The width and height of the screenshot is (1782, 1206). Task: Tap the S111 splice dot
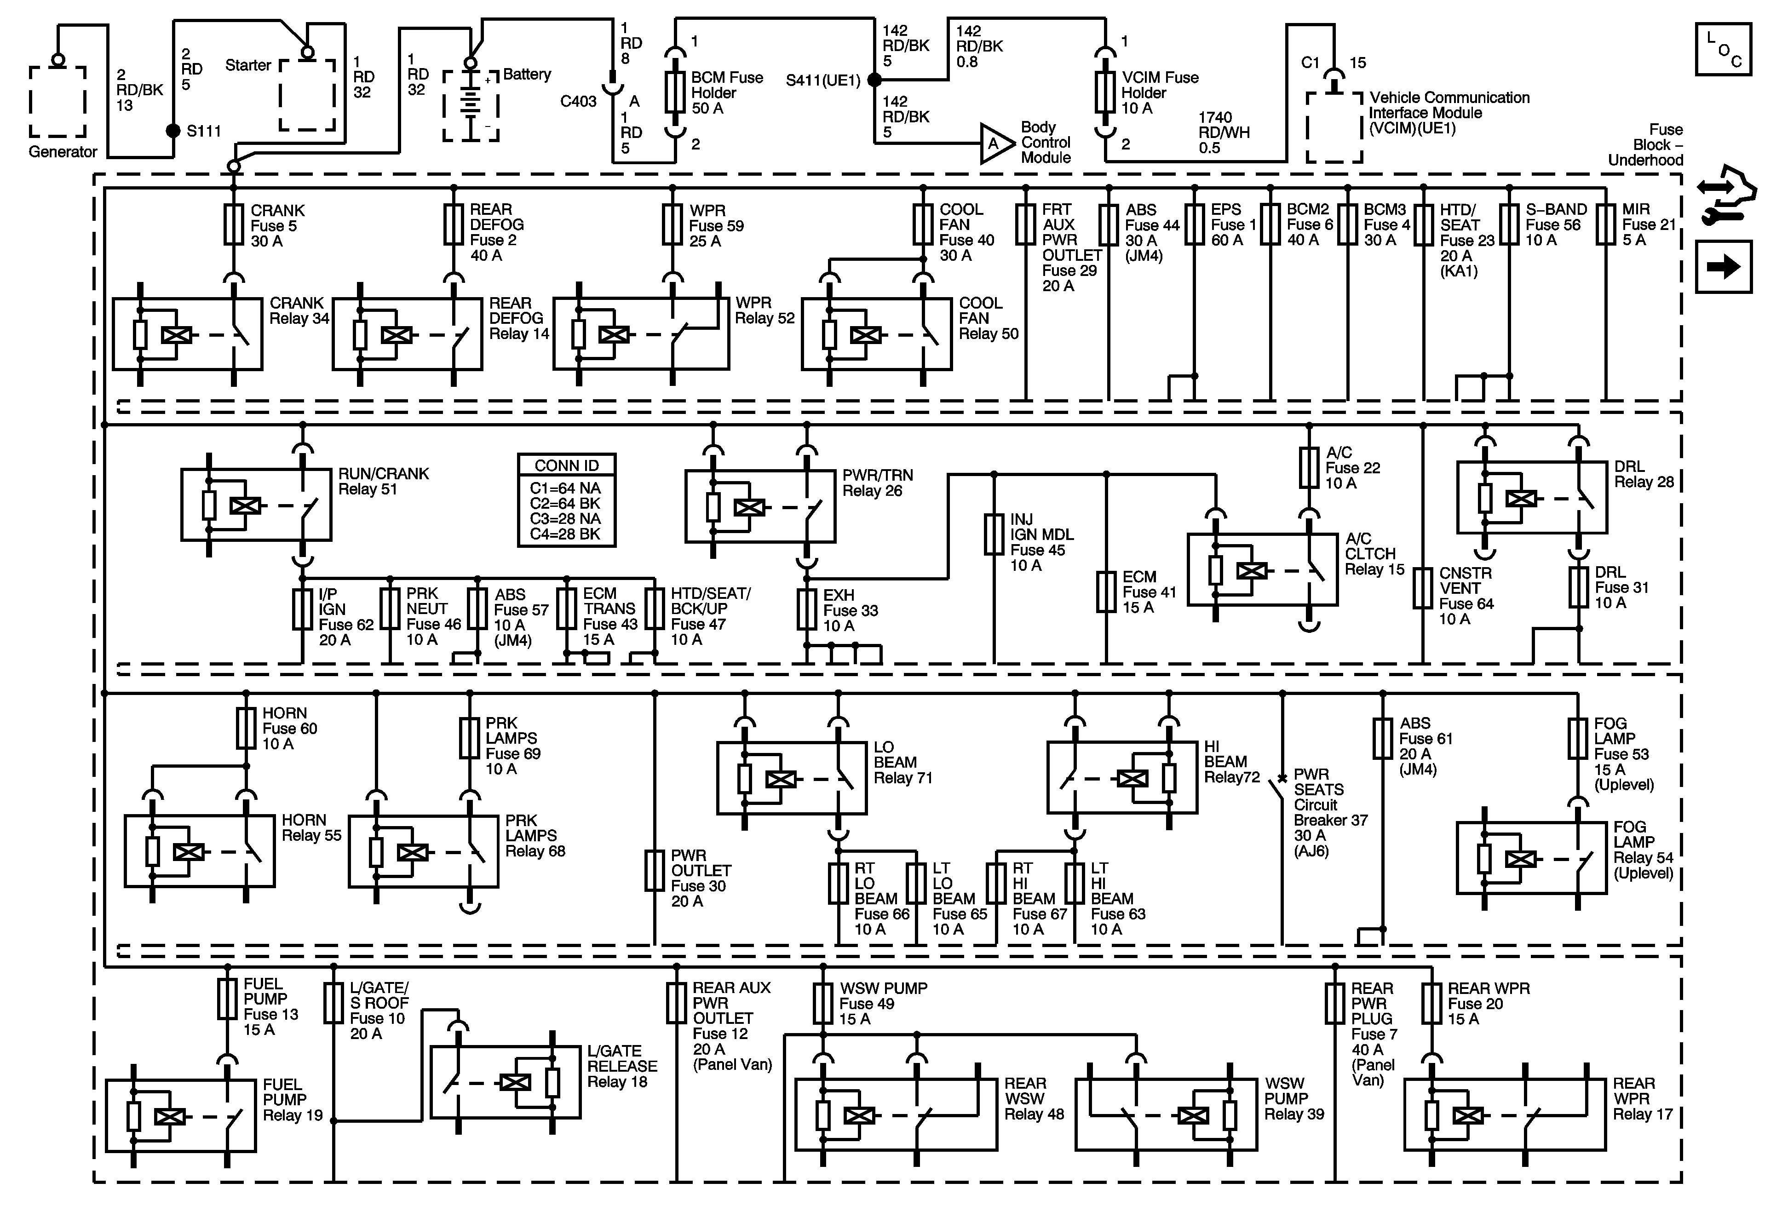pos(174,131)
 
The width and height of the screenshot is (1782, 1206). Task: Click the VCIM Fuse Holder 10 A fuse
pos(1105,93)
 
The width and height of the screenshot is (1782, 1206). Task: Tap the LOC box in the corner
pos(1723,49)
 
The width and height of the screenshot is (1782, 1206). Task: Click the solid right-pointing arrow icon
pos(1723,267)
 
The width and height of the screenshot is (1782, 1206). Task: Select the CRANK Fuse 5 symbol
pos(234,224)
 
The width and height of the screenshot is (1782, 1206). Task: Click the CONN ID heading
pos(567,465)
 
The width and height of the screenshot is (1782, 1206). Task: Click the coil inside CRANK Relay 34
pos(176,335)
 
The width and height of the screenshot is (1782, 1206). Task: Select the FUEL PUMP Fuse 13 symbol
pos(227,998)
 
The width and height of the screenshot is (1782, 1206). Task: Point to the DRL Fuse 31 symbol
pos(1578,588)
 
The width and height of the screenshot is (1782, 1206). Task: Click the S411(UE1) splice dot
pos(874,80)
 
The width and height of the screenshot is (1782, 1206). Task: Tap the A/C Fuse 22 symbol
pos(1309,468)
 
